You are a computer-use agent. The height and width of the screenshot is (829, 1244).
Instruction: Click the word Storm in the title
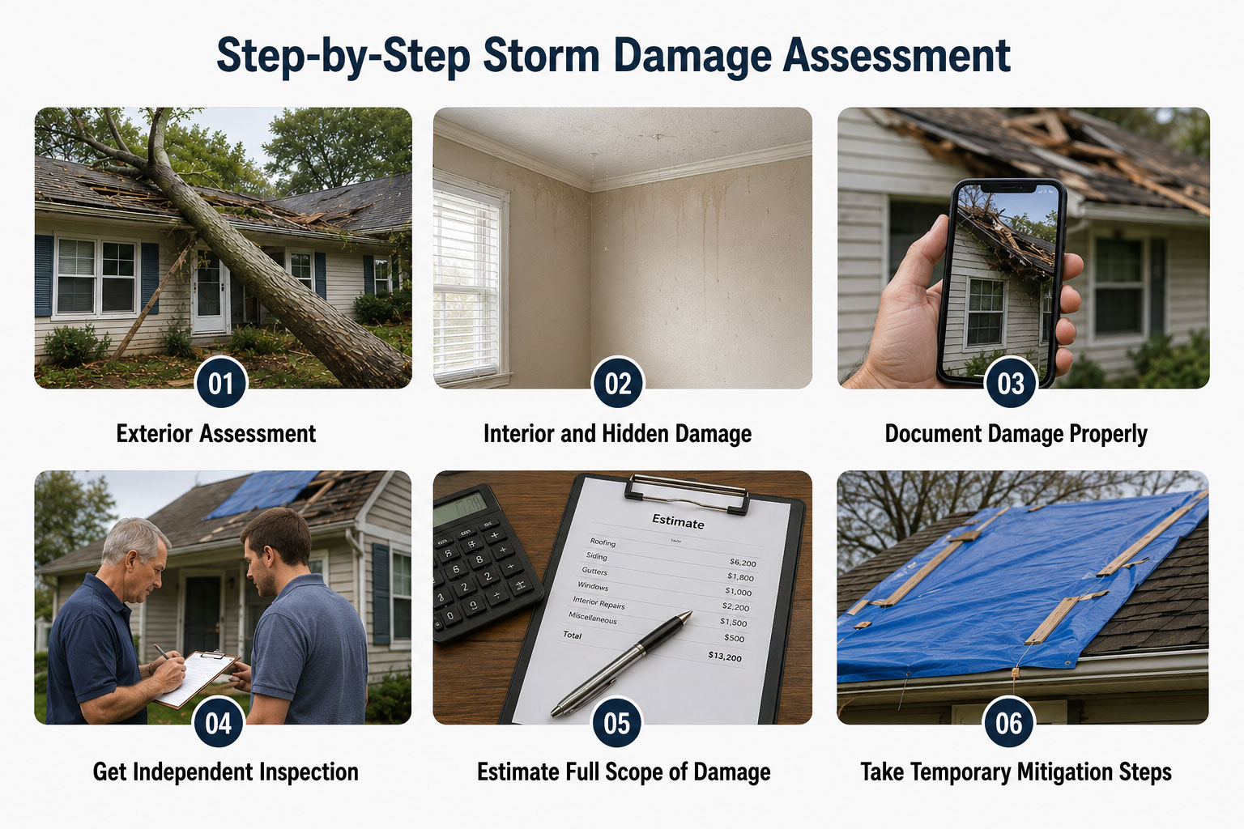tap(541, 56)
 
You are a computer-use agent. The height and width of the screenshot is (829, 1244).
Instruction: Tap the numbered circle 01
tap(220, 384)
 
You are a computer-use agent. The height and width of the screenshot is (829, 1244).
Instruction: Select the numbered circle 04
tap(218, 723)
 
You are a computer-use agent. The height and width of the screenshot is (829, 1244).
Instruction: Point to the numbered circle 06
tap(1008, 723)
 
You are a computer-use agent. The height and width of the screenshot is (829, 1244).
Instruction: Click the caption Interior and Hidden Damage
tap(618, 434)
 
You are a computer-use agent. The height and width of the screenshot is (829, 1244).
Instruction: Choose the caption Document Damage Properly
tap(1016, 434)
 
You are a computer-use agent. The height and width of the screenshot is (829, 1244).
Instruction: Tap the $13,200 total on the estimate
tap(725, 657)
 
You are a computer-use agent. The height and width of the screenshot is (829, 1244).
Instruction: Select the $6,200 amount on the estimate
tap(743, 563)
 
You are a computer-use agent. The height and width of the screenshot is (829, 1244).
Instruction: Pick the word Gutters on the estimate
tap(594, 571)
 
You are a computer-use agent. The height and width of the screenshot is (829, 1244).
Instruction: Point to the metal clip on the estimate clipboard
tap(687, 493)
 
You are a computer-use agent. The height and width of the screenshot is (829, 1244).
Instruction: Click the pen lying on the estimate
tap(621, 664)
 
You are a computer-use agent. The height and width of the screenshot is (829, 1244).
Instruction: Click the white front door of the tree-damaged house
tap(210, 295)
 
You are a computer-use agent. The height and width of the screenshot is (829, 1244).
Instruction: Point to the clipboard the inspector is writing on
tap(195, 678)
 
